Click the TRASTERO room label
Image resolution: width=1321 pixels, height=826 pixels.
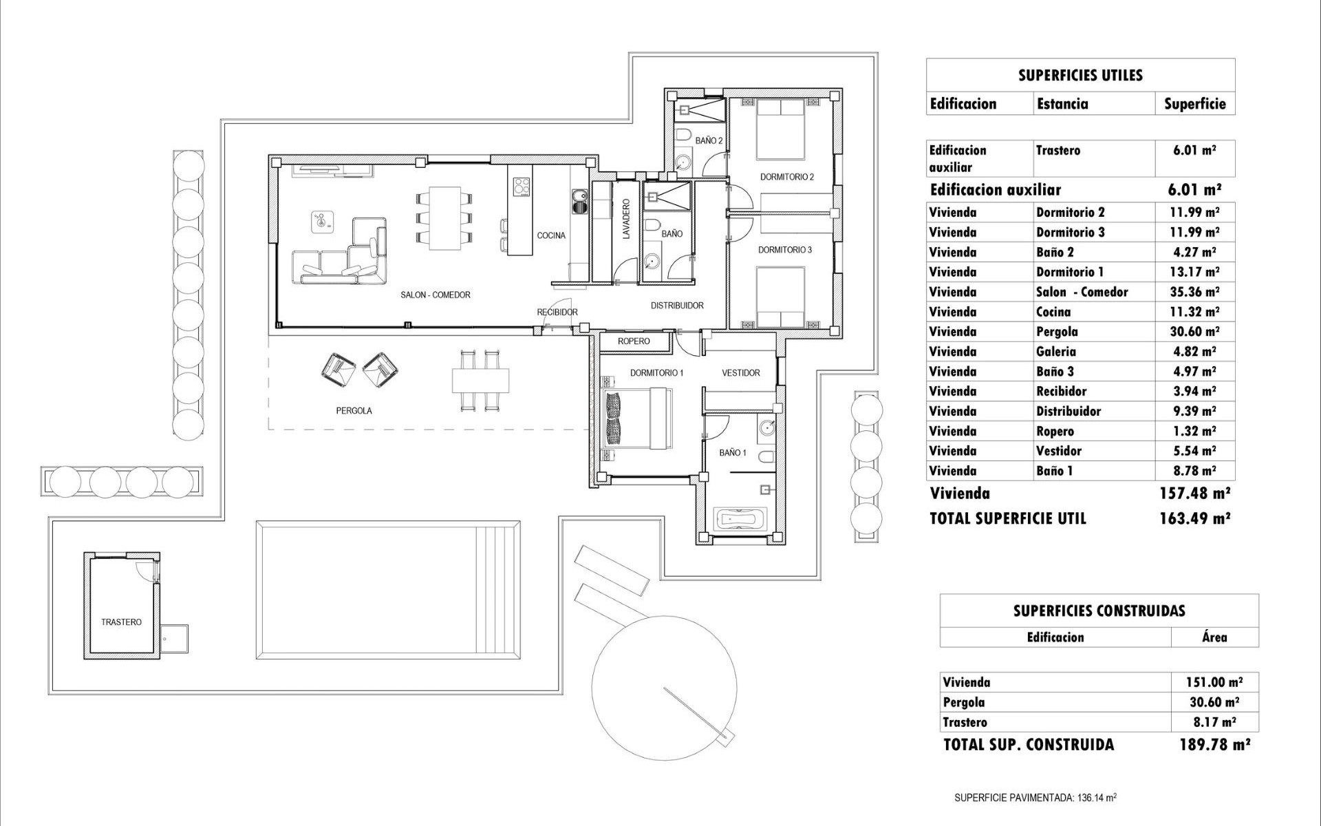121,622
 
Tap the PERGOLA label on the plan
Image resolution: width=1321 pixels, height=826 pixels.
354,410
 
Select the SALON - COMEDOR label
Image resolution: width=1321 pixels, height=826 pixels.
436,295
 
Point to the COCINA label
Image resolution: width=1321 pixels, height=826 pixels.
551,235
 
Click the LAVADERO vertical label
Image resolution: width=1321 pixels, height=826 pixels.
626,219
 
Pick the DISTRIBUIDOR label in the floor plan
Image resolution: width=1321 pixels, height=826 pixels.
677,305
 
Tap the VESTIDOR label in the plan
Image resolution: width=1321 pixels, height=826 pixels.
740,372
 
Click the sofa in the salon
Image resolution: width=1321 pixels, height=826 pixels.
341,256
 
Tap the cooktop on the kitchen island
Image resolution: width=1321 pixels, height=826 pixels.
522,186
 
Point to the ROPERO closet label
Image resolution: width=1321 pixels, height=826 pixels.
633,341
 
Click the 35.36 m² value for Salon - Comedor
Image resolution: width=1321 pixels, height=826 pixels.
1194,292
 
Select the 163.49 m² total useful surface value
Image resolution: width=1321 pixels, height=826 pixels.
1194,518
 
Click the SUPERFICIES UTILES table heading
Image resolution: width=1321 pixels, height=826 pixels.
1080,75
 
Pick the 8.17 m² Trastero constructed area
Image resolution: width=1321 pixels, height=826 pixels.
1214,722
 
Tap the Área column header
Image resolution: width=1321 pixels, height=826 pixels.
1214,637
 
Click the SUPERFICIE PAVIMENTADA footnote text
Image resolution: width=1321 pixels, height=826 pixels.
1035,798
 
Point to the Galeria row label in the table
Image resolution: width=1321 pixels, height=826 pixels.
1055,352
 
